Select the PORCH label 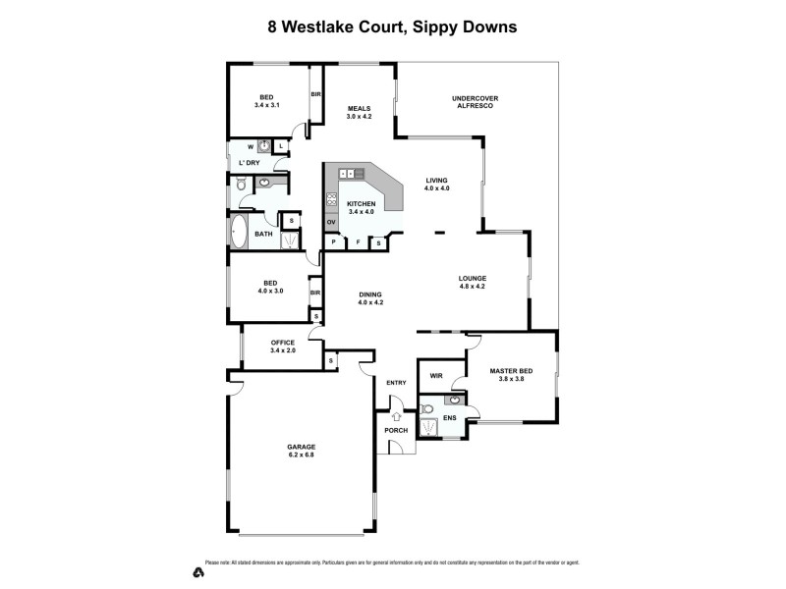pyautogui.click(x=396, y=430)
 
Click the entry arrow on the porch pyautogui.click(x=396, y=416)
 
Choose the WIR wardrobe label pyautogui.click(x=436, y=375)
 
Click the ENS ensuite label pyautogui.click(x=449, y=418)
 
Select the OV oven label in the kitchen pyautogui.click(x=331, y=223)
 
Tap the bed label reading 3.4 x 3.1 pyautogui.click(x=267, y=101)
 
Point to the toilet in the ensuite pyautogui.click(x=427, y=408)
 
